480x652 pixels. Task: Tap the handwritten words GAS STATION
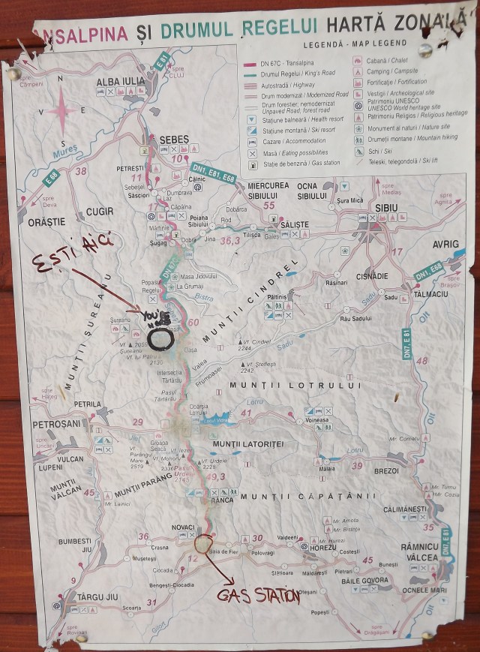[x=259, y=596]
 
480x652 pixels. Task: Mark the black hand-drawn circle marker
[x=160, y=338]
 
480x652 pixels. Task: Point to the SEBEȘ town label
[x=174, y=140]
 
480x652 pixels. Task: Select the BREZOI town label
[x=386, y=471]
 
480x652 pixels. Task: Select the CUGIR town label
[x=100, y=212]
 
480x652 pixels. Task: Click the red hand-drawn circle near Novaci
[x=202, y=544]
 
